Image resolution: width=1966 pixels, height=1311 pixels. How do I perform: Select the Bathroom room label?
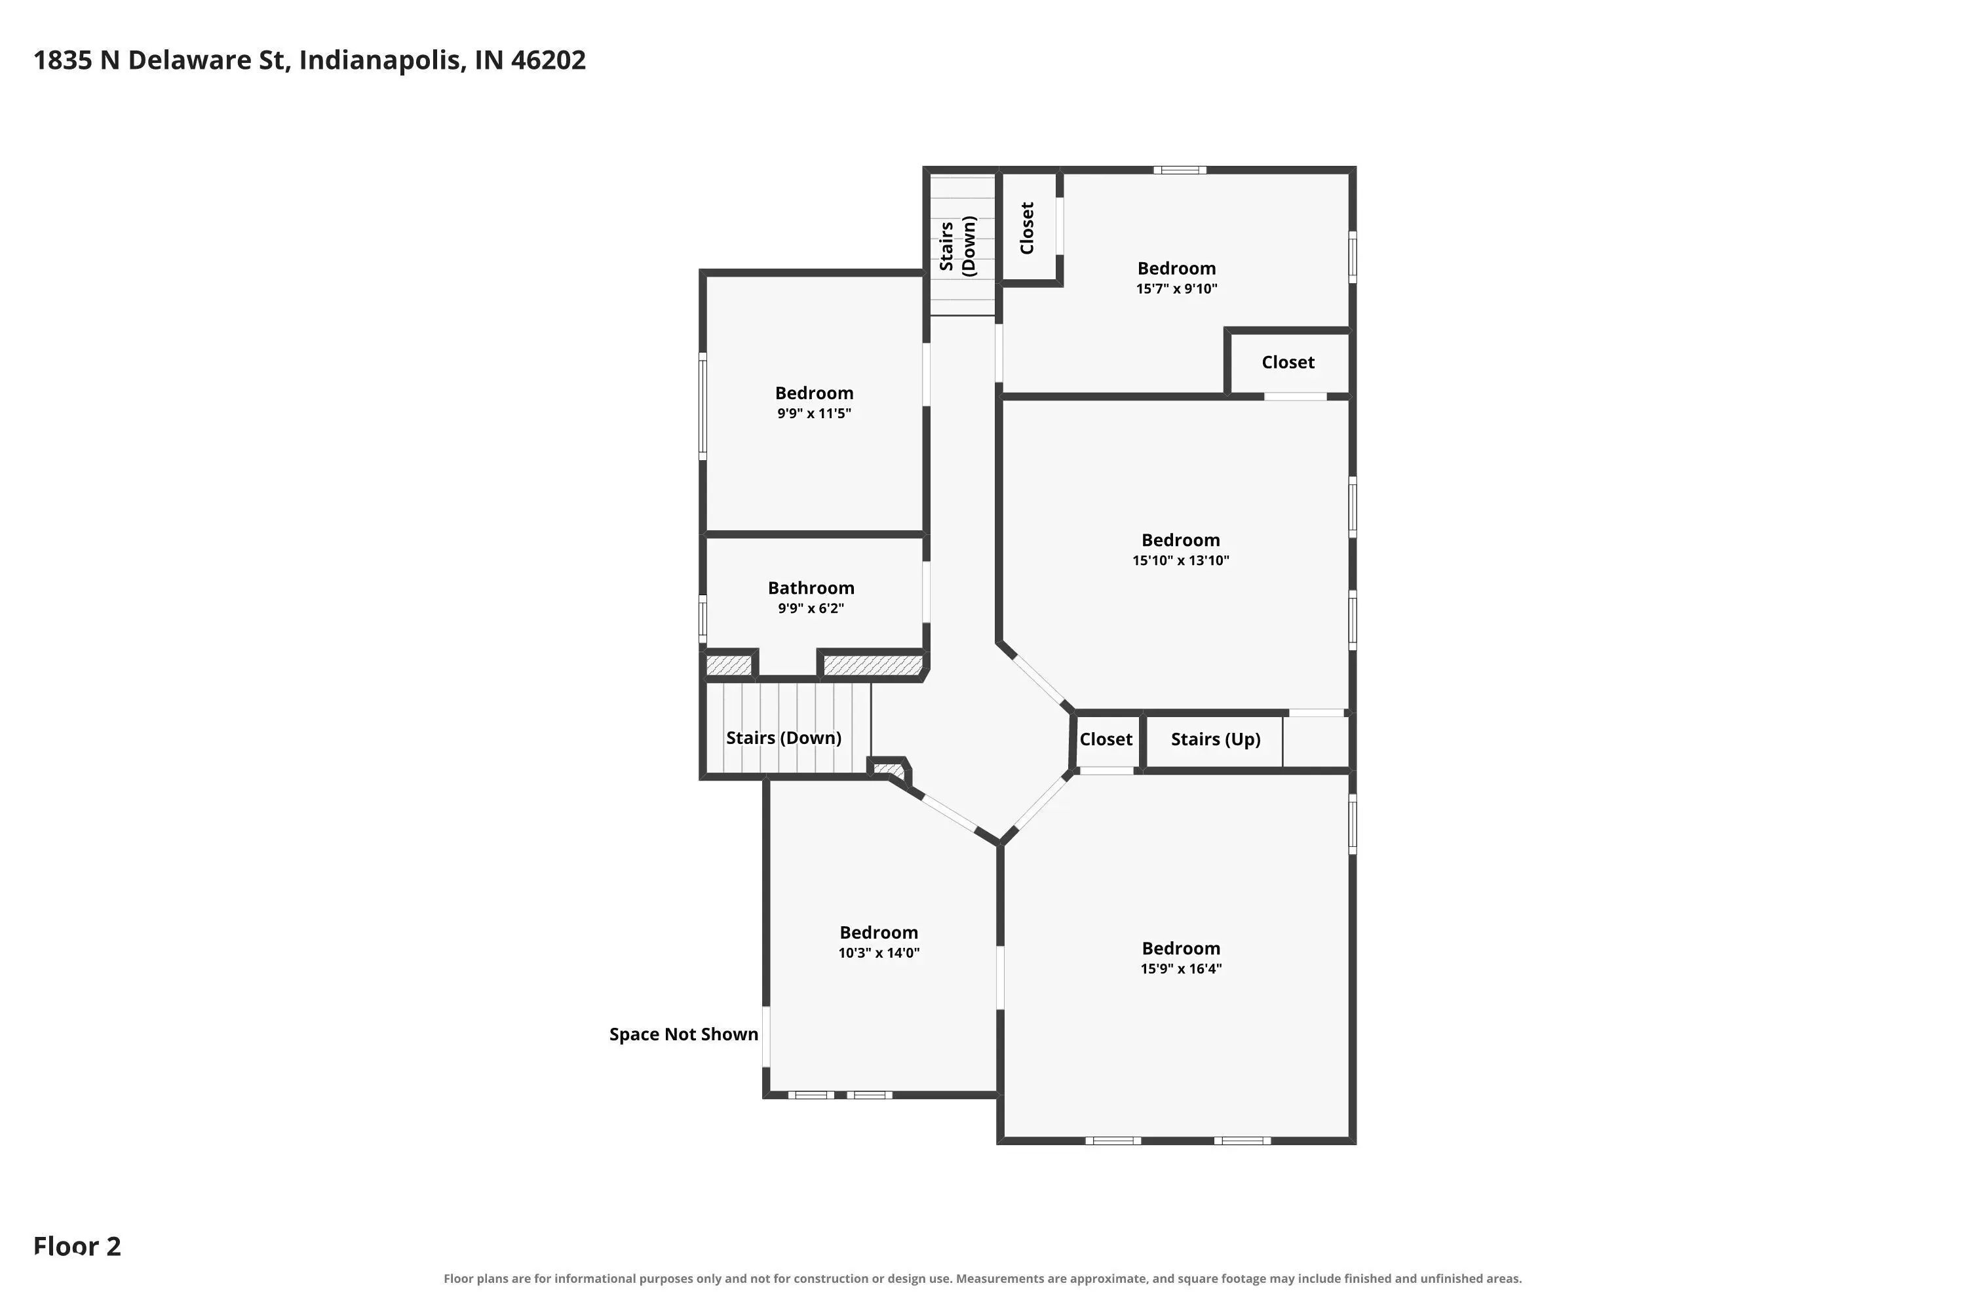[811, 588]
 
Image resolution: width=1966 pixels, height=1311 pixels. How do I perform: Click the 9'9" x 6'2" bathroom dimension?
[811, 609]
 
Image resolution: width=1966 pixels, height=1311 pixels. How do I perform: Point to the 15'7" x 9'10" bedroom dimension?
[1176, 289]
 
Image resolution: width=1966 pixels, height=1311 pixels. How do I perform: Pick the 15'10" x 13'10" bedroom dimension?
[1180, 561]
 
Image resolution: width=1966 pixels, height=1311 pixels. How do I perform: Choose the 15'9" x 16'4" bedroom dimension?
[1181, 969]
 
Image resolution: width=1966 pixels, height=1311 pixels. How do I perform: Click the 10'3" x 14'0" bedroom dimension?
[879, 953]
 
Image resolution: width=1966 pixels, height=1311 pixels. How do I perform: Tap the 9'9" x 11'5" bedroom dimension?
[813, 414]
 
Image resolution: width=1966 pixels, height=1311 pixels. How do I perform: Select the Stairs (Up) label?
[1216, 739]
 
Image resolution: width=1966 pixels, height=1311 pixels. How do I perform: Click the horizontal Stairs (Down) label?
[783, 737]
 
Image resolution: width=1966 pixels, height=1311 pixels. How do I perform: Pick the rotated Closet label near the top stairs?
[1028, 227]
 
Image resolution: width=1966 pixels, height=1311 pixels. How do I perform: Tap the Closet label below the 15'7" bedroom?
[1288, 362]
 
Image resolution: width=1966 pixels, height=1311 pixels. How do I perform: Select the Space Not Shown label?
[684, 1034]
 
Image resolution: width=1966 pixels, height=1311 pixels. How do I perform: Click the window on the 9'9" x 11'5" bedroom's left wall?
[703, 406]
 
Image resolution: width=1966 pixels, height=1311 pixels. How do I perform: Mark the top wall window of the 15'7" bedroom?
[1180, 170]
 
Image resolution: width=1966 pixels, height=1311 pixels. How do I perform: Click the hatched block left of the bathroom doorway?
[729, 665]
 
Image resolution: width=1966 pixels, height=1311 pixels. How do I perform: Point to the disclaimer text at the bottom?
[982, 1278]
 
